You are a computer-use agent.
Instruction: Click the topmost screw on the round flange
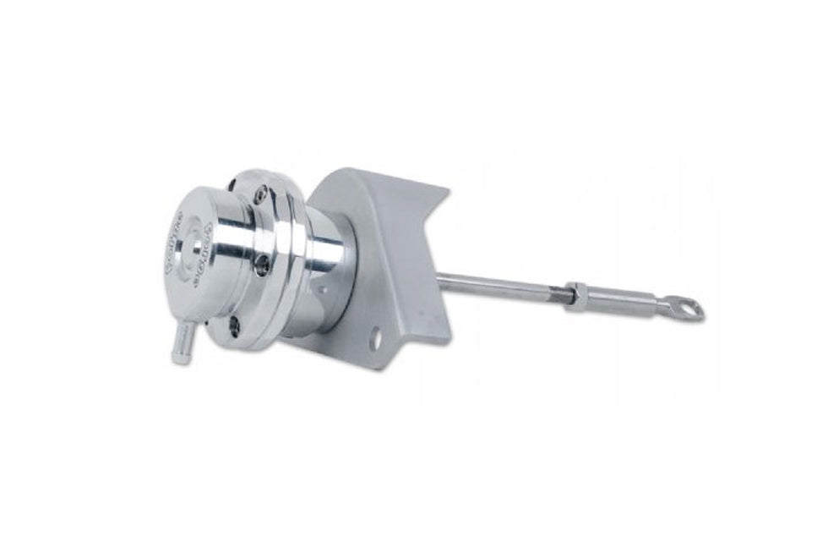point(260,195)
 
